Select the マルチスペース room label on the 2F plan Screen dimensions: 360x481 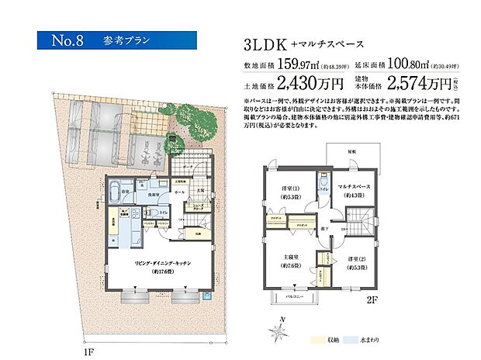coord(357,189)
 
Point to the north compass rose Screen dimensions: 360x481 coord(276,331)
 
